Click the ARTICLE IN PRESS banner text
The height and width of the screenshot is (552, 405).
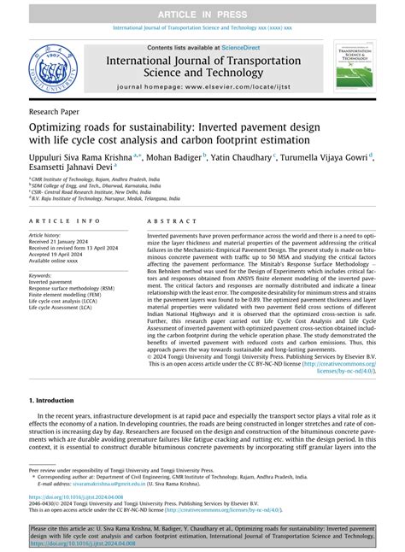tap(202, 10)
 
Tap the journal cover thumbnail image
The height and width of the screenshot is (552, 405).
tap(356, 69)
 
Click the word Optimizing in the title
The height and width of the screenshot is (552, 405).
tap(60, 127)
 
